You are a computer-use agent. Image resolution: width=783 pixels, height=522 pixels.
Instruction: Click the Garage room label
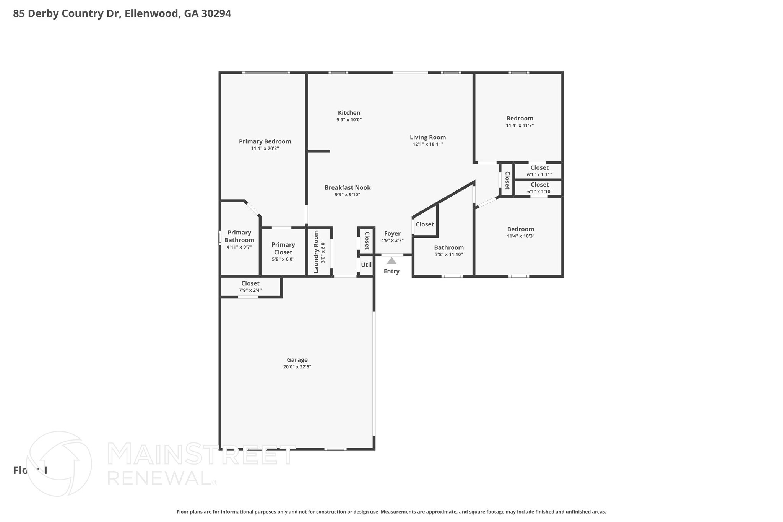pos(297,360)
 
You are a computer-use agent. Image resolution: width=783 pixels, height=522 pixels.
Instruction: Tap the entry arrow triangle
pos(391,261)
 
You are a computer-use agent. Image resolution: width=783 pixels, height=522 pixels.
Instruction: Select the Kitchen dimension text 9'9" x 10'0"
pos(349,120)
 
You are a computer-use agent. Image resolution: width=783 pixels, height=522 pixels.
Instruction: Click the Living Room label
pos(427,137)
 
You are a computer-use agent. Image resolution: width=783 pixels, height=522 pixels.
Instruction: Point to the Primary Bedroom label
pos(265,141)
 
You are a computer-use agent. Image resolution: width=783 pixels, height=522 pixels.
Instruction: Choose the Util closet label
pos(366,265)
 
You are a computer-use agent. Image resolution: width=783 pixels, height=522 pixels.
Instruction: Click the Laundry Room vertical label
pos(316,252)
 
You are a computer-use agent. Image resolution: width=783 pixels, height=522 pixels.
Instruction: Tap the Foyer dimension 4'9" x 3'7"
pos(392,241)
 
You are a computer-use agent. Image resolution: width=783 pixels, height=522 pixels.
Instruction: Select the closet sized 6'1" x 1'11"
pos(539,171)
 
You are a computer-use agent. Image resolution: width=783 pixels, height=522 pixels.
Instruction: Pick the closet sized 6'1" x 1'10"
pos(539,188)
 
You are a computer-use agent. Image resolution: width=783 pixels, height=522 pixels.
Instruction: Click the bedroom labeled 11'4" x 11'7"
pos(520,119)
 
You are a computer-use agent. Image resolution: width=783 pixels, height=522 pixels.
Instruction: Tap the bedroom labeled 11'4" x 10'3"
pos(520,229)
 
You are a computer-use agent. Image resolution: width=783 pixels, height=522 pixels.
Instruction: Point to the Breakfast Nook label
pos(347,187)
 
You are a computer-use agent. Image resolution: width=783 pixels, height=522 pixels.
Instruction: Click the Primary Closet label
pos(283,249)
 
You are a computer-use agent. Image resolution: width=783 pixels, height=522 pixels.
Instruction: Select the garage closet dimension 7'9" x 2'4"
pos(250,290)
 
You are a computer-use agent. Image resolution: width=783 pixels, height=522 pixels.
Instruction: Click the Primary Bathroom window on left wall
pos(220,237)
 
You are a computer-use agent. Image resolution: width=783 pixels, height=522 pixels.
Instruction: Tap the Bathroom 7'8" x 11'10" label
pos(448,248)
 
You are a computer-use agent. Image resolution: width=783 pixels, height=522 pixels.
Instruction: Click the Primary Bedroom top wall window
pos(266,72)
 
